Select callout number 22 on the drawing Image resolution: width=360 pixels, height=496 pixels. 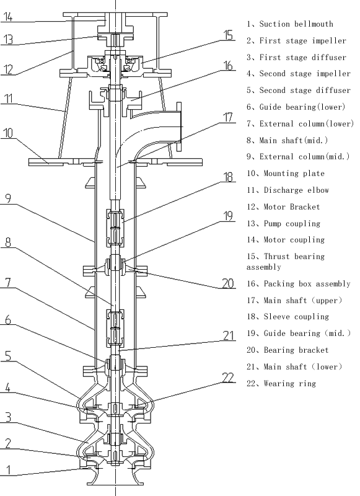click(x=228, y=377)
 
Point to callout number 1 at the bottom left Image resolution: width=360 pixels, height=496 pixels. click(x=7, y=469)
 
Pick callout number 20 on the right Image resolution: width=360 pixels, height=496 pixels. click(x=228, y=283)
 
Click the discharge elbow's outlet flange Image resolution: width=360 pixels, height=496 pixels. click(x=181, y=126)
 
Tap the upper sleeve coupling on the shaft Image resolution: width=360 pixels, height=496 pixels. click(x=117, y=228)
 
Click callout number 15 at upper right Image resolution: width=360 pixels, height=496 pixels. click(x=228, y=35)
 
